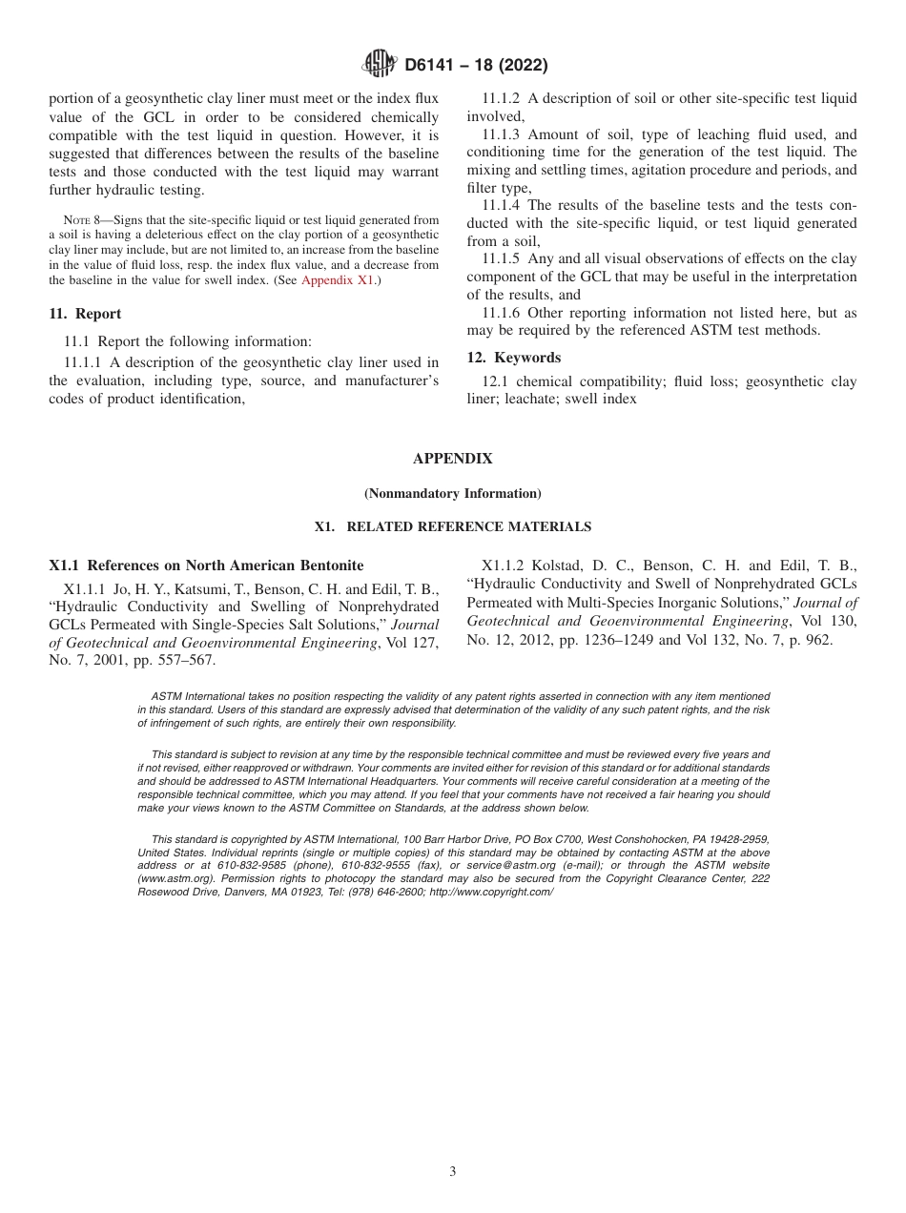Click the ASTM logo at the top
pos(381,66)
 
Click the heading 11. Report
pos(85,314)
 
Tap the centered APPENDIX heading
pos(452,459)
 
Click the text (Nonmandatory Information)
pos(452,494)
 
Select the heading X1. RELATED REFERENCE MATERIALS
pos(452,526)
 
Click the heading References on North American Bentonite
pos(225,565)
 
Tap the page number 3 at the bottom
pos(453,1172)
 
